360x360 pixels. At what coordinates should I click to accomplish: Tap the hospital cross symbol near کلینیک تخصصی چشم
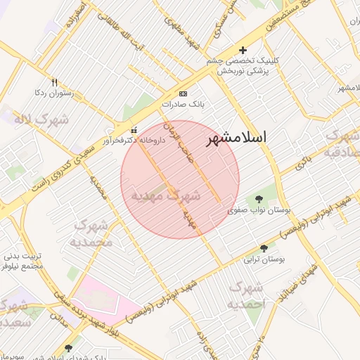click(x=243, y=50)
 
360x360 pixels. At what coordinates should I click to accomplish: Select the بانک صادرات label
click(x=183, y=103)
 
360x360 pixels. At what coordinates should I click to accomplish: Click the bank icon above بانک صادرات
click(x=184, y=94)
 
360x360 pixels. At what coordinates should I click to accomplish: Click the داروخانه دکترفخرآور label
click(x=134, y=141)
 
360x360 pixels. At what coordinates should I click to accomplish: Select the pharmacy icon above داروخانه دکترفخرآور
click(x=134, y=130)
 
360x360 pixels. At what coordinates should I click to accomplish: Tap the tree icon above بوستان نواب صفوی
click(x=259, y=199)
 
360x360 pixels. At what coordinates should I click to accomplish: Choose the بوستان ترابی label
click(x=263, y=259)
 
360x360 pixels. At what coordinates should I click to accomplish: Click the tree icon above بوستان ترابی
click(x=264, y=249)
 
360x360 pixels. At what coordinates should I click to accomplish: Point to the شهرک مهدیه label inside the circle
click(x=166, y=195)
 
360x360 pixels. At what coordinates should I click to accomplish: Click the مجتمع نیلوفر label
click(x=23, y=267)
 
